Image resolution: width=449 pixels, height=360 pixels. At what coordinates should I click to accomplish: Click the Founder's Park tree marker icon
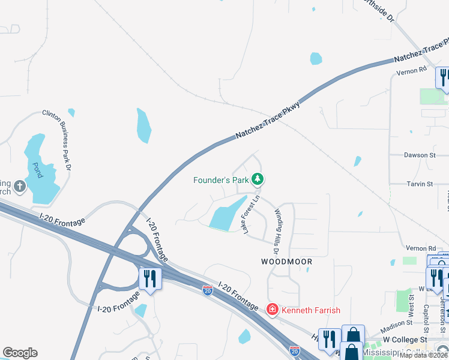point(258,179)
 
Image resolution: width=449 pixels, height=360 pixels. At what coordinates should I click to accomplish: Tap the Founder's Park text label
point(221,179)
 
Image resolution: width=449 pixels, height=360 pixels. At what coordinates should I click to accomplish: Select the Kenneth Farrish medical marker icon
point(273,310)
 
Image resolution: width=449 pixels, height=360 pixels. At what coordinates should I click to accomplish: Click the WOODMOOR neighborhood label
point(287,262)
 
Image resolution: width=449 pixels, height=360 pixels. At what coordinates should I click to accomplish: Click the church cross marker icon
point(19,186)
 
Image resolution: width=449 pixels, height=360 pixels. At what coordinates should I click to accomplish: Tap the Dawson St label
point(420,155)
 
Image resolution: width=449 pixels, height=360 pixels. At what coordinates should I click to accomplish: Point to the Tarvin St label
point(420,184)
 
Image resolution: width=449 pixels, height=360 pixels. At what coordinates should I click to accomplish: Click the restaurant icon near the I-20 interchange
point(149,279)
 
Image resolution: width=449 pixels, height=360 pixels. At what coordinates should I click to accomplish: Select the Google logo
point(20,353)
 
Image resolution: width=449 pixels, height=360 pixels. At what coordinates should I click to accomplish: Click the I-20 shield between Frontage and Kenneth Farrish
point(208,290)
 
